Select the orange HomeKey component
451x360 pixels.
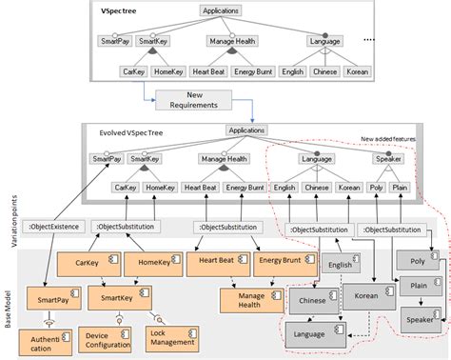152,262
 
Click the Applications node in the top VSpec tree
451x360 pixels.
221,10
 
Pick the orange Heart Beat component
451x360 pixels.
217,262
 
